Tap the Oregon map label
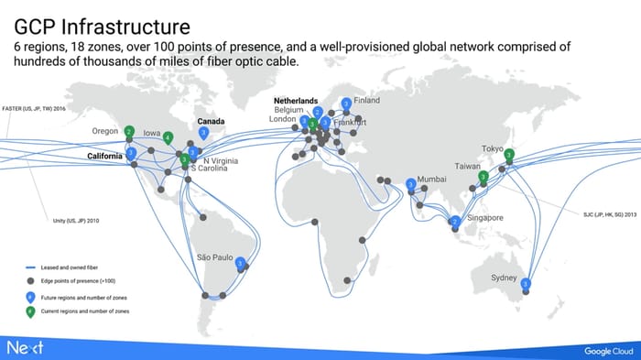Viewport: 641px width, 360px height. (x=105, y=131)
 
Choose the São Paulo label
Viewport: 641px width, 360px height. (x=217, y=257)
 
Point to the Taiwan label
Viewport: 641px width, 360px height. (x=468, y=167)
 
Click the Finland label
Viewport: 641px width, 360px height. (x=366, y=100)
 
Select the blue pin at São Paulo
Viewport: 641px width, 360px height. (x=240, y=263)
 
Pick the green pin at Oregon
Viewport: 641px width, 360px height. (x=129, y=131)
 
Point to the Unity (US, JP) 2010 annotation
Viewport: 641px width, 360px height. (x=76, y=220)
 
